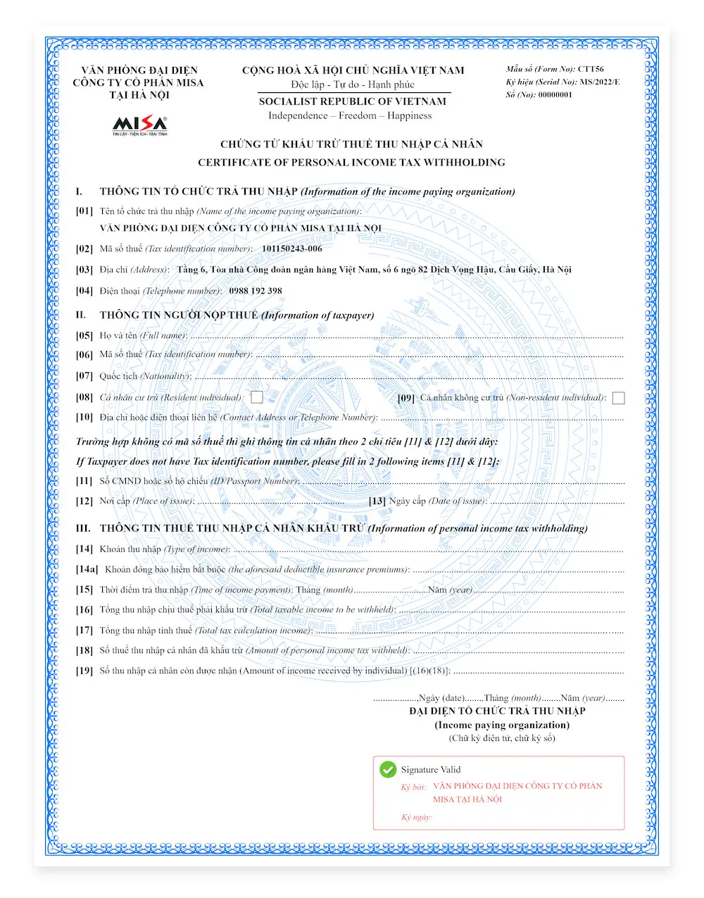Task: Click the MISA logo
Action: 139,125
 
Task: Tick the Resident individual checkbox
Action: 257,398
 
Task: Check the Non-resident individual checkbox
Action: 618,399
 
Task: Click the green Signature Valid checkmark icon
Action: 388,770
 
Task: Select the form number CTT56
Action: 591,69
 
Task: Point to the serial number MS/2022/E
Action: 600,82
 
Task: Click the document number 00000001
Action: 555,94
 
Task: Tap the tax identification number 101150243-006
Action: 291,249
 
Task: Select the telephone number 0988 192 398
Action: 255,291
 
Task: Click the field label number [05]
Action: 84,336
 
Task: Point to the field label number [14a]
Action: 87,569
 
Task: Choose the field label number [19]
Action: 84,671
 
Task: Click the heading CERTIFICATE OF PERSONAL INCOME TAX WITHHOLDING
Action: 351,163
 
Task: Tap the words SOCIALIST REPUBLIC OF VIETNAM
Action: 352,101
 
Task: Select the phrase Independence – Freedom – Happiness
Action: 350,116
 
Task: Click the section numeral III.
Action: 83,528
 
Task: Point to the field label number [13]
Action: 377,501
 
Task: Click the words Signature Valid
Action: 431,770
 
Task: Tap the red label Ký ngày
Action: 417,818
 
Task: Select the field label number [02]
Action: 84,249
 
